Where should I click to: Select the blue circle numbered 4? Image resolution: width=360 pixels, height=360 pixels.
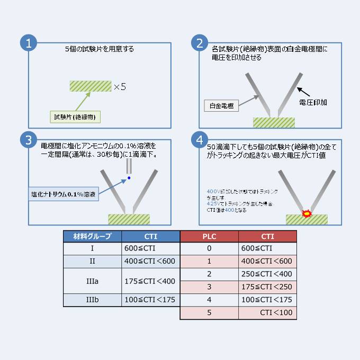tap(200, 140)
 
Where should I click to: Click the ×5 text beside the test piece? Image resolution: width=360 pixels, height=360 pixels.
tap(120, 86)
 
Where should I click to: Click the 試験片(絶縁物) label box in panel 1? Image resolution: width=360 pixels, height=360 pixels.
tap(73, 116)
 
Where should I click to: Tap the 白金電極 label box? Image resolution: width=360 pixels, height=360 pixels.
tap(221, 105)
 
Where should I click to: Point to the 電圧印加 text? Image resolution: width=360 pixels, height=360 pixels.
tap(312, 102)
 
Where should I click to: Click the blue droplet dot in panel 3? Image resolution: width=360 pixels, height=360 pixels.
tap(128, 178)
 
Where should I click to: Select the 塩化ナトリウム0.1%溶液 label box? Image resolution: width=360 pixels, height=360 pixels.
tap(62, 194)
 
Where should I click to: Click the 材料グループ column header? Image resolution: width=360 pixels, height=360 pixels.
tap(92, 237)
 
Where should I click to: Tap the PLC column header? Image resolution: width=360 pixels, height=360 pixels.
tap(209, 237)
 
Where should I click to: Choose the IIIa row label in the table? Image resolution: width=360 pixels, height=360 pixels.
tap(92, 281)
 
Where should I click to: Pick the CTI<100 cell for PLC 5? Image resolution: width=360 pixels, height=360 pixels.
tap(267, 313)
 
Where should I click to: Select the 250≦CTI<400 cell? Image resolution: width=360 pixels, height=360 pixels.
tap(267, 274)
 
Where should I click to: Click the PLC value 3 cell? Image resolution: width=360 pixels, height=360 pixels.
tap(209, 287)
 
